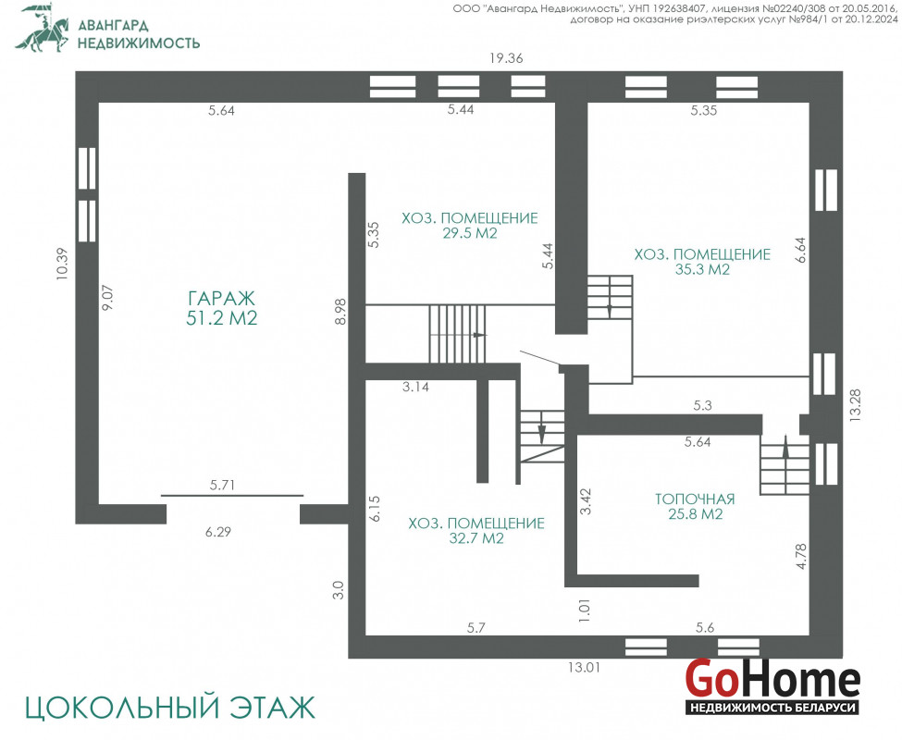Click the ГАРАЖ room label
pyautogui.click(x=221, y=299)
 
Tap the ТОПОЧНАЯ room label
pyautogui.click(x=695, y=499)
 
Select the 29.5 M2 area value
pyautogui.click(x=469, y=233)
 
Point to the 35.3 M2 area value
pyautogui.click(x=702, y=270)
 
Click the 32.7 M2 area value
pyautogui.click(x=476, y=538)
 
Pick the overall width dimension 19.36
pyautogui.click(x=506, y=58)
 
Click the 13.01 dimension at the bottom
pyautogui.click(x=585, y=668)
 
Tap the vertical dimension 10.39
pyautogui.click(x=62, y=264)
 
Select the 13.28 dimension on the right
pyautogui.click(x=856, y=406)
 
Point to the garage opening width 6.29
pyautogui.click(x=218, y=532)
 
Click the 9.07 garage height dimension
pyautogui.click(x=107, y=297)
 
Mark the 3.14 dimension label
pyautogui.click(x=415, y=387)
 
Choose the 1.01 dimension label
pyautogui.click(x=585, y=610)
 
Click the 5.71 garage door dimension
pyautogui.click(x=222, y=486)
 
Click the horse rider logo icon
pyautogui.click(x=42, y=28)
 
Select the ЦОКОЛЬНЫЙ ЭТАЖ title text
pyautogui.click(x=170, y=708)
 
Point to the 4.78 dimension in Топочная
pyautogui.click(x=801, y=557)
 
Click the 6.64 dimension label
pyautogui.click(x=801, y=250)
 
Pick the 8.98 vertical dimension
pyautogui.click(x=340, y=311)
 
